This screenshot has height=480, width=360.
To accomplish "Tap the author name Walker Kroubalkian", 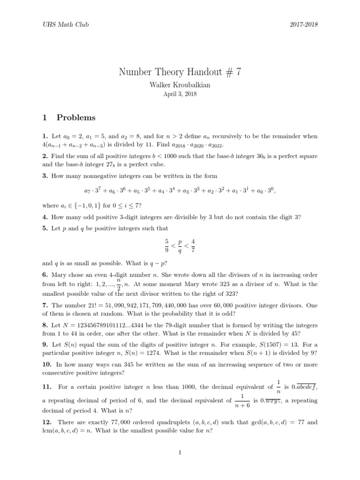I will [x=180, y=85].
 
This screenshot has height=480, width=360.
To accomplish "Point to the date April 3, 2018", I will [x=180, y=94].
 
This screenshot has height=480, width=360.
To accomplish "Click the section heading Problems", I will [x=76, y=117].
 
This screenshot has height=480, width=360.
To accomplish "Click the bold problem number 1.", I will [x=44, y=136].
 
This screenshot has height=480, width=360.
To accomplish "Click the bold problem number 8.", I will [x=44, y=325].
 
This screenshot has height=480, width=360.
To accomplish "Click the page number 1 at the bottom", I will [x=180, y=452].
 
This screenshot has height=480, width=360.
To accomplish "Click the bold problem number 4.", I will [x=44, y=217].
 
